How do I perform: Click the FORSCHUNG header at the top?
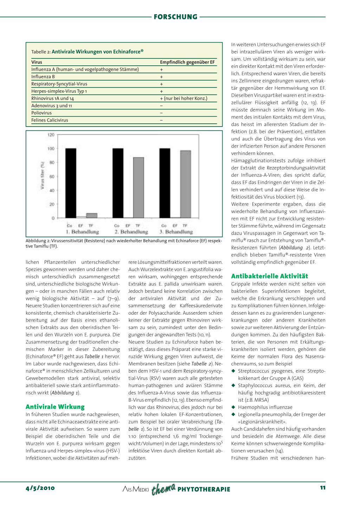[175, 17]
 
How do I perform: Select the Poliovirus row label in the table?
[41, 113]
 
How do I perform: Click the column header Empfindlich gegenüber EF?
[187, 62]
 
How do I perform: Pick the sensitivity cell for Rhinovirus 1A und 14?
[184, 98]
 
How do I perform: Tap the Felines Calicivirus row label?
[50, 120]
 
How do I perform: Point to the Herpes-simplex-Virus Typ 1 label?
[59, 91]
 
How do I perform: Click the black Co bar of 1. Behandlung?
[71, 183]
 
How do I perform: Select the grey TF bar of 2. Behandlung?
[139, 187]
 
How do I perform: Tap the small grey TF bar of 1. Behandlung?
[92, 215]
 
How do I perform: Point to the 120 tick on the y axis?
[51, 135]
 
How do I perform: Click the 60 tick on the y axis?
[52, 176]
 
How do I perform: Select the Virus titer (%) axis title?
[43, 176]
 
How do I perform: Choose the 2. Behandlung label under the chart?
[131, 232]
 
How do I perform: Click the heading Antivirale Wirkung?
[55, 407]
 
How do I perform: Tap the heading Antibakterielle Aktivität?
[269, 276]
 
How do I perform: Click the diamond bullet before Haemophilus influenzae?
[233, 407]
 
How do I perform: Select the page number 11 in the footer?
[322, 488]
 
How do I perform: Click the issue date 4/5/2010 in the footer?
[40, 488]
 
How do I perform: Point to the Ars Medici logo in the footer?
[136, 489]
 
